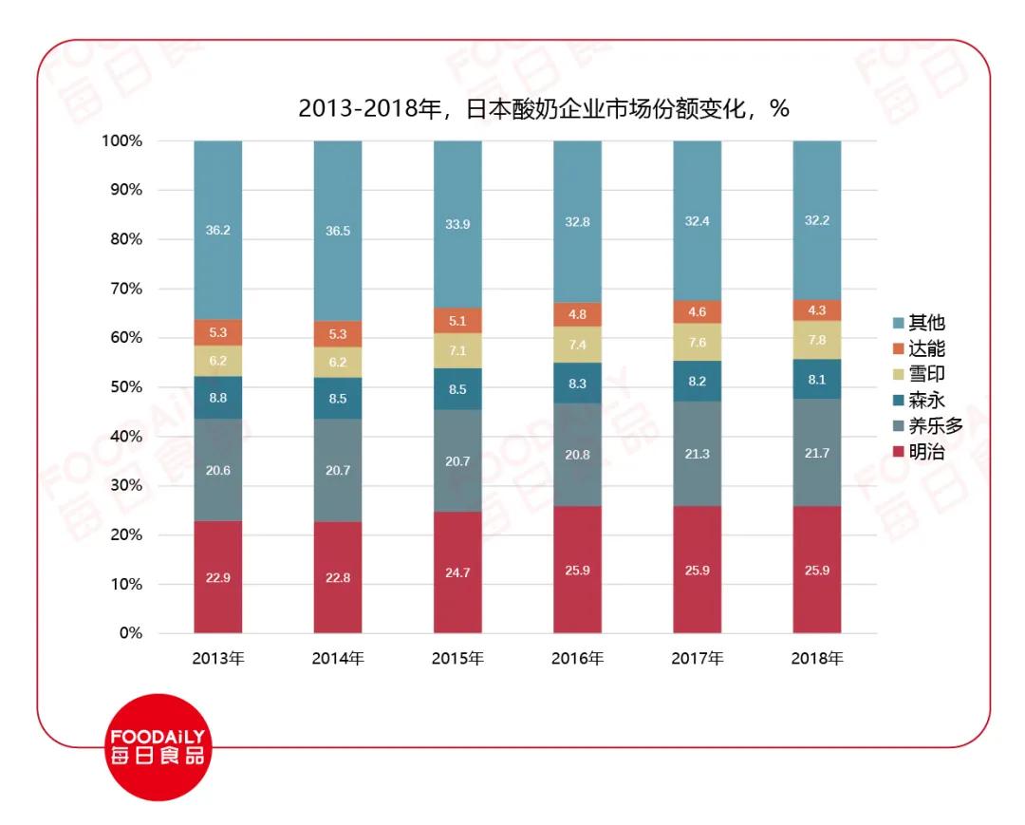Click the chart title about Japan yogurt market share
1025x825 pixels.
coord(544,108)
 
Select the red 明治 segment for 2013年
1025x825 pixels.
coord(218,577)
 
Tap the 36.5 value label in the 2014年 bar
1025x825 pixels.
coord(338,230)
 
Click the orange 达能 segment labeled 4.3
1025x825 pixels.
coord(817,310)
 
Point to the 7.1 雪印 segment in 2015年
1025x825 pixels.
coord(457,350)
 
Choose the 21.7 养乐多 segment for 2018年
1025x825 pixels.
coord(817,453)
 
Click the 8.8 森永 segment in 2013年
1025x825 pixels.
coord(218,398)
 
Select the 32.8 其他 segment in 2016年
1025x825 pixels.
coord(577,222)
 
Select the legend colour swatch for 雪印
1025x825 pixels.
coord(897,375)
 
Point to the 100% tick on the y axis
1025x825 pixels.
coord(122,141)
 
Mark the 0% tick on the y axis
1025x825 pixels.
coord(130,633)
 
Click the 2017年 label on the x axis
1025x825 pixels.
coord(698,658)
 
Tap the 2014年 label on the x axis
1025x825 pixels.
coord(338,658)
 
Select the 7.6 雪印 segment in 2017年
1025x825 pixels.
coord(698,342)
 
